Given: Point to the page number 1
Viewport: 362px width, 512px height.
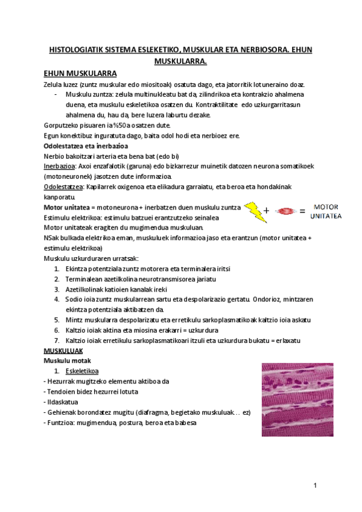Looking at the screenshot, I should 315,486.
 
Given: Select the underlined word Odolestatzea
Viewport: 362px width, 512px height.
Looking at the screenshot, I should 64,187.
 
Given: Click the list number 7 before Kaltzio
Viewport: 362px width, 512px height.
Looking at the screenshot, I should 56,341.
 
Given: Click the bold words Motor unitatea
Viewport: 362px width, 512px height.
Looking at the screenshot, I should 66,207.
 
